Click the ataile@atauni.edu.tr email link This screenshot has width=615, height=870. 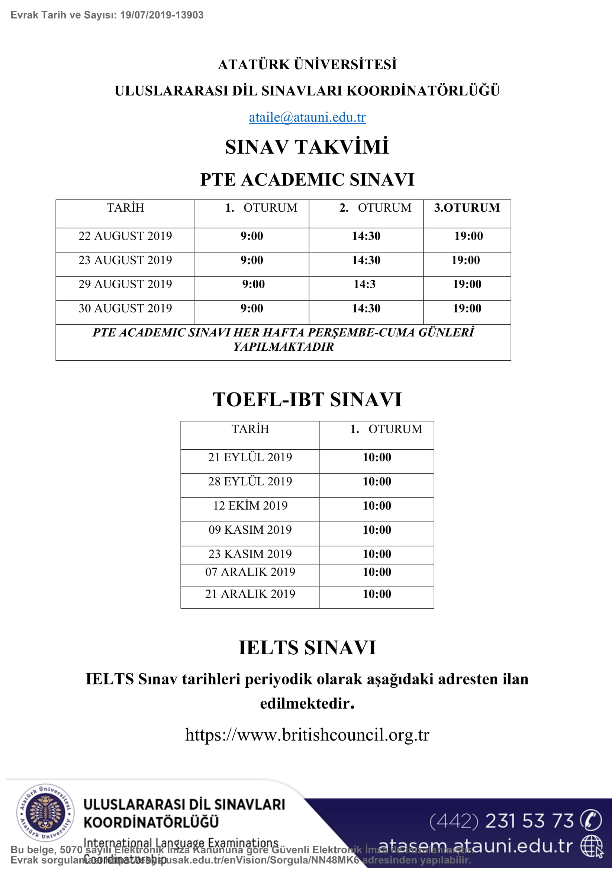[307, 118]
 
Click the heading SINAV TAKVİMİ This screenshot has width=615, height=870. [307, 147]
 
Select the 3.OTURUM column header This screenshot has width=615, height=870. [467, 208]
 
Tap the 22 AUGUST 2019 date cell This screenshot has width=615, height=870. [125, 236]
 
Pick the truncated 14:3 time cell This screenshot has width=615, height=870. [364, 284]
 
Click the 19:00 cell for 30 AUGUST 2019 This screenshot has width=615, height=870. [467, 308]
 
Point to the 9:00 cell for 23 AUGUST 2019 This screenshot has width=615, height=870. [252, 260]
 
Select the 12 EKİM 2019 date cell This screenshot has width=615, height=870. [250, 505]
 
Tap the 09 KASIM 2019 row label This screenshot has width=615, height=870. [250, 530]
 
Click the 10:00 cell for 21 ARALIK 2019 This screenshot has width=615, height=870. [377, 594]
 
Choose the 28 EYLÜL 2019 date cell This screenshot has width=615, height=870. [250, 481]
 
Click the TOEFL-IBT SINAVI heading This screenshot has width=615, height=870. [307, 399]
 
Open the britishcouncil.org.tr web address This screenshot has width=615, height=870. [307, 734]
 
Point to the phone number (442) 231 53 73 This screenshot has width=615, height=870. [501, 821]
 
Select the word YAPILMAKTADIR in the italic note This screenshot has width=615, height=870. [283, 347]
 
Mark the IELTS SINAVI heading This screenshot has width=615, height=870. [307, 648]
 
